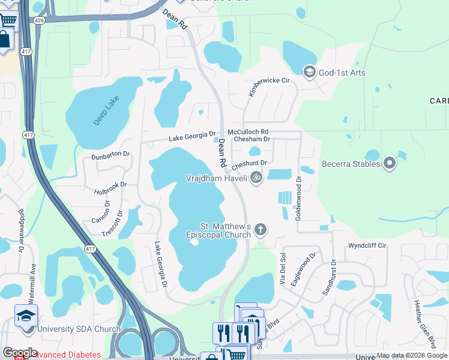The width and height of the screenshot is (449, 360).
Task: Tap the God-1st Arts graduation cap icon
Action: coord(310,73)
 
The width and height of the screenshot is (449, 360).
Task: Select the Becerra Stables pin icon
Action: coord(390,163)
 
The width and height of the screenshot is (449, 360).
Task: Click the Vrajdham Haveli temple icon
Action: coord(256,178)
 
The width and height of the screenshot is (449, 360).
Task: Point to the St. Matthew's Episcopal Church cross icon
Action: coord(260,229)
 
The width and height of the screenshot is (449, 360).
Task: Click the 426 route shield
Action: coord(40,20)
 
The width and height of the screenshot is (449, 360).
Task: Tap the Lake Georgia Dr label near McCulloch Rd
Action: coord(192,137)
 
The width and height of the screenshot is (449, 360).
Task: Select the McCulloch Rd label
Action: coord(247,131)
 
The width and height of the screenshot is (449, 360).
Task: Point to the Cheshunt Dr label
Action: coord(249,163)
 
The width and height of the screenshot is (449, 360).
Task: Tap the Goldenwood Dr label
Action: coord(298,198)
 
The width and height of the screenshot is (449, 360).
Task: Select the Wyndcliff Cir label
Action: coord(367,246)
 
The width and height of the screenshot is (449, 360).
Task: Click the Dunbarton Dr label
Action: coord(110,155)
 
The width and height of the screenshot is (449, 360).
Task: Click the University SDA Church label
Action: coord(79,329)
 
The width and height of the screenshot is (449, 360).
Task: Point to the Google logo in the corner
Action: coord(20,353)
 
